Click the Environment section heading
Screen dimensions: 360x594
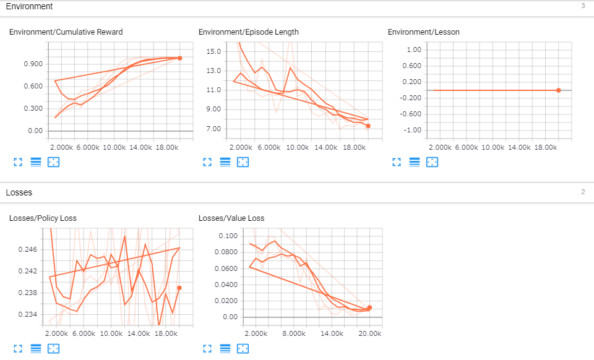click(x=29, y=6)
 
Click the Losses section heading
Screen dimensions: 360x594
click(x=19, y=192)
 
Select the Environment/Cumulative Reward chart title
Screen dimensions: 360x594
click(x=66, y=32)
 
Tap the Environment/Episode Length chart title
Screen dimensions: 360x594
click(x=248, y=32)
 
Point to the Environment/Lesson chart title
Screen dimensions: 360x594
click(x=423, y=32)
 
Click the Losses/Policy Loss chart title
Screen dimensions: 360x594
click(x=43, y=218)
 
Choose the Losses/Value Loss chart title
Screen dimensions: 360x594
click(x=231, y=218)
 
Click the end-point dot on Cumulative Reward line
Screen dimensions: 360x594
click(x=179, y=58)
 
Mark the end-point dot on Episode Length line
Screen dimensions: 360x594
click(x=368, y=126)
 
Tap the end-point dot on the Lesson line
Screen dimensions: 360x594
click(x=558, y=90)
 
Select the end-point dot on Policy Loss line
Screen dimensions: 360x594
click(x=179, y=288)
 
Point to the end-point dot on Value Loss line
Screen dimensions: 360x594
click(x=369, y=307)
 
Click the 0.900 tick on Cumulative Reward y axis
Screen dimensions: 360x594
click(x=32, y=64)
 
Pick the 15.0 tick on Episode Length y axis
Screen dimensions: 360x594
click(x=213, y=51)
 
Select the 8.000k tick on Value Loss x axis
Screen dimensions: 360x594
click(x=294, y=333)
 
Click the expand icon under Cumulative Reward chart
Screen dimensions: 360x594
click(x=17, y=162)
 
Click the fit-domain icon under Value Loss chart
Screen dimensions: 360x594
click(x=243, y=348)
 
